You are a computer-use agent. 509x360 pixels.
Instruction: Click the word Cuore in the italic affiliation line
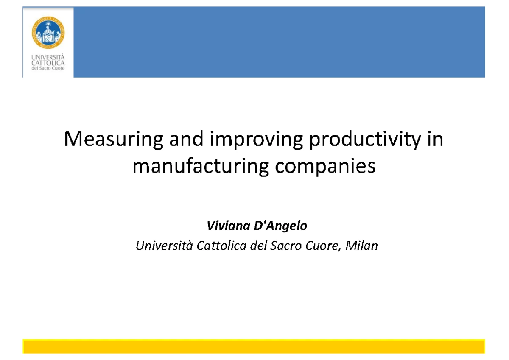(325, 246)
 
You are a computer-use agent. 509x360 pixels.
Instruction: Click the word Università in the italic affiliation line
(164, 246)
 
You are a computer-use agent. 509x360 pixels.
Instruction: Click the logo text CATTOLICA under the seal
(48, 63)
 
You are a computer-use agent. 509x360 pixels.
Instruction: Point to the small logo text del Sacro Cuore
(48, 68)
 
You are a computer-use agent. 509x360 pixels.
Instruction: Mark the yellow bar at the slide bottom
(254, 346)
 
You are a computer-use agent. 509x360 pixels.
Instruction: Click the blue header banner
(279, 42)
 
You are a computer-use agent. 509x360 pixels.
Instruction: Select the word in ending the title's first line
(436, 140)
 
